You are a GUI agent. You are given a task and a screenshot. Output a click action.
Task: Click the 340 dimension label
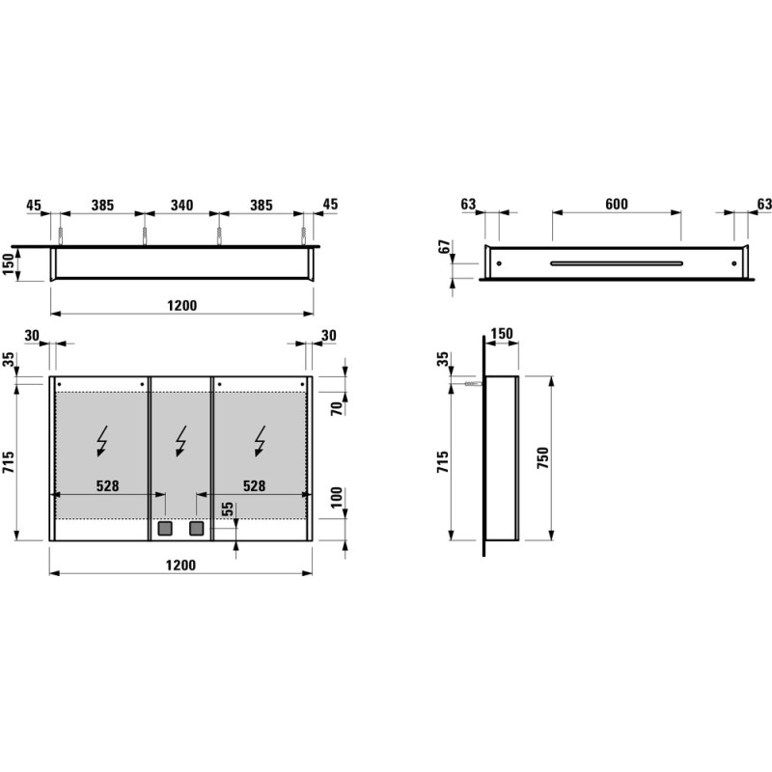coord(181,206)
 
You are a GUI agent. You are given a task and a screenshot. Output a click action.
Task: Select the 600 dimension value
coord(617,204)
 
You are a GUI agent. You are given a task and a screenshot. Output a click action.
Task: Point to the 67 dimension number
coord(445,248)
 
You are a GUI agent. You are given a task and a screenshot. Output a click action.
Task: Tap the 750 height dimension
coord(542,456)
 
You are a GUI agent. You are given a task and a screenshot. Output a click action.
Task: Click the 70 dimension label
coord(338,408)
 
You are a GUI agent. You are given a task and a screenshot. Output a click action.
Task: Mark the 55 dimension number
coord(227,510)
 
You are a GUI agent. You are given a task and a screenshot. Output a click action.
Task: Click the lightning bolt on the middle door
coord(180,441)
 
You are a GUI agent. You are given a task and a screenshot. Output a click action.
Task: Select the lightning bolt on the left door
coord(102,441)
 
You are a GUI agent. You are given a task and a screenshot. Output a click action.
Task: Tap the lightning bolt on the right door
coord(261,441)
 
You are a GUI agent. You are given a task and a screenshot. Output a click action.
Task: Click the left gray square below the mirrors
coord(164,528)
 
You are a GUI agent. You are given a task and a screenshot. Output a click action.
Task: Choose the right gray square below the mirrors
coord(197,528)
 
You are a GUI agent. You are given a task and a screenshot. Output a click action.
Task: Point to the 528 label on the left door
coord(106,486)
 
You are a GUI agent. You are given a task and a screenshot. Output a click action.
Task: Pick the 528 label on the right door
coord(253,486)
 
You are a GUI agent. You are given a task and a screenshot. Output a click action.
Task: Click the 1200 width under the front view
coord(180,565)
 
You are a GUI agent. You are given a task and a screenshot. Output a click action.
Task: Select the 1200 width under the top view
coord(180,305)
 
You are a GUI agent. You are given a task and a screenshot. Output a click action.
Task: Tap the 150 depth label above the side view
coord(502,334)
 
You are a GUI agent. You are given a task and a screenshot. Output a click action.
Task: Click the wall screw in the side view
coord(471,384)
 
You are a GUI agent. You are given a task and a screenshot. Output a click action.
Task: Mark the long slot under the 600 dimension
coord(617,262)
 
